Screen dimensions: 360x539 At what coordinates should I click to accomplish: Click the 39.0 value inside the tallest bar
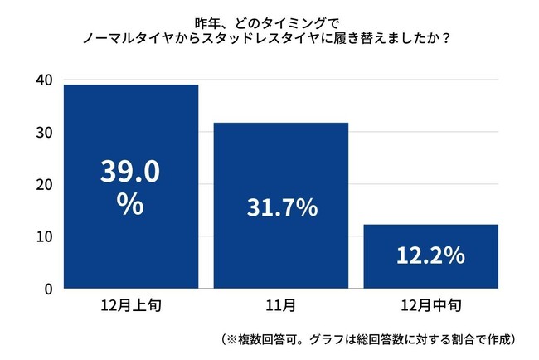click(130, 172)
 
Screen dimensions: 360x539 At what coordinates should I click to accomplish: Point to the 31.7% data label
click(281, 208)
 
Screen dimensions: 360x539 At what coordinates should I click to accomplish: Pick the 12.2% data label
click(430, 257)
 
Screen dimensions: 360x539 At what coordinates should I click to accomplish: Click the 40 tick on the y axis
click(43, 80)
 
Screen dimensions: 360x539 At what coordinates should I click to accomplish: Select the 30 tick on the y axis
click(43, 132)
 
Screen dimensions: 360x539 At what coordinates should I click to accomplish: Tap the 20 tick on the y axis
click(43, 184)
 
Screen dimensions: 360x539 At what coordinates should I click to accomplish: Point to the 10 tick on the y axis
click(43, 236)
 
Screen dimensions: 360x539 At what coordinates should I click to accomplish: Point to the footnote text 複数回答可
click(265, 339)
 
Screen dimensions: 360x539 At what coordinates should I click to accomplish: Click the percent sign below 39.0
click(130, 204)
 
